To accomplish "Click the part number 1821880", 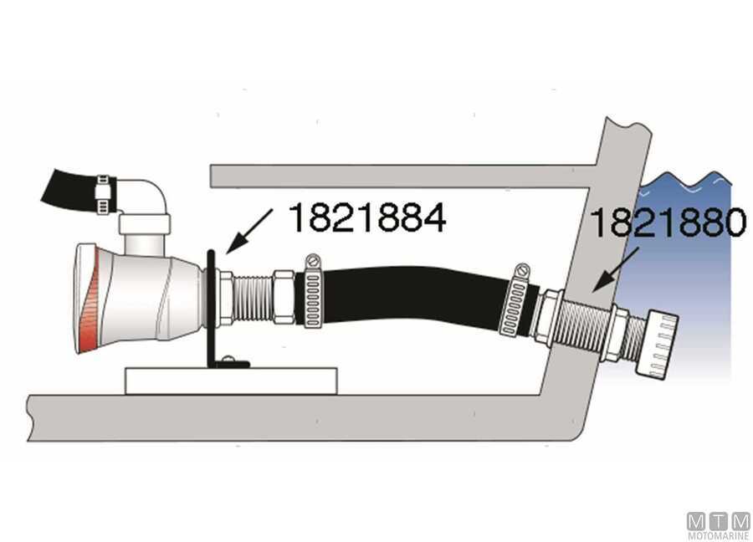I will [667, 223].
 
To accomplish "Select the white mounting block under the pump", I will [231, 380].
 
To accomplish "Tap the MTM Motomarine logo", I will [718, 525].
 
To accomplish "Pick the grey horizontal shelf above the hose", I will [402, 175].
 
